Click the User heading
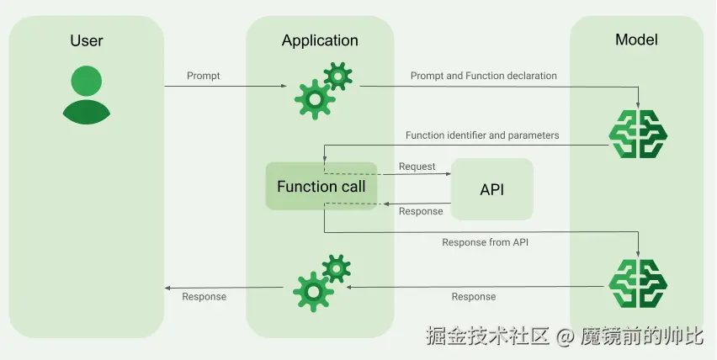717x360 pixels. (86, 40)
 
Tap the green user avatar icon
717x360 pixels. (86, 94)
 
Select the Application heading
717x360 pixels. (320, 40)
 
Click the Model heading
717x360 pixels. (636, 40)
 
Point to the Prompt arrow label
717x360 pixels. (204, 76)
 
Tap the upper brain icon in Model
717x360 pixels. (637, 135)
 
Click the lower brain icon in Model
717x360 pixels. (637, 283)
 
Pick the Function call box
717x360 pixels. (321, 186)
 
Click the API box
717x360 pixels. (492, 189)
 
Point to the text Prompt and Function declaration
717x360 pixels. (483, 76)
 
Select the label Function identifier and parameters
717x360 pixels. (482, 135)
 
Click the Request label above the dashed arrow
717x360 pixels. (417, 167)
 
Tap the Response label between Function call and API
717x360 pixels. (421, 211)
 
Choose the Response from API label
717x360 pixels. (486, 242)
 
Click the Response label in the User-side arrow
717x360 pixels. (204, 297)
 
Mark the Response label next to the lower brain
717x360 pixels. (474, 297)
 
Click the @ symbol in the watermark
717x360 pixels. (566, 337)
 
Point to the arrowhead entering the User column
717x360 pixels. (167, 287)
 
